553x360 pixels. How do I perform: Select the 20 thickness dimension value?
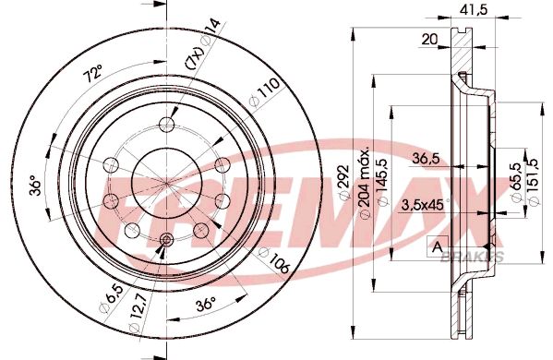pos(428,39)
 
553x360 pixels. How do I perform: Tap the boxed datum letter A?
pos(434,246)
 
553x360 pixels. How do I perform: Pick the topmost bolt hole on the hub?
pos(166,126)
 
